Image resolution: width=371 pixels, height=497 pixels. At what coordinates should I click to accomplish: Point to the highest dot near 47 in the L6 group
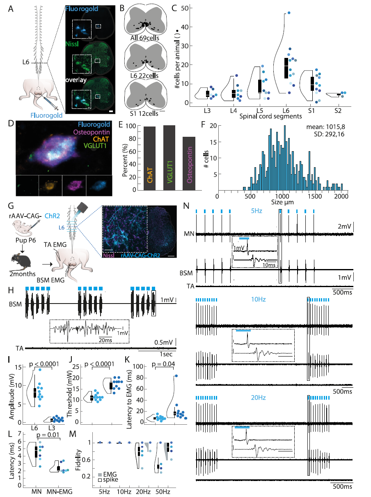click(289, 13)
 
